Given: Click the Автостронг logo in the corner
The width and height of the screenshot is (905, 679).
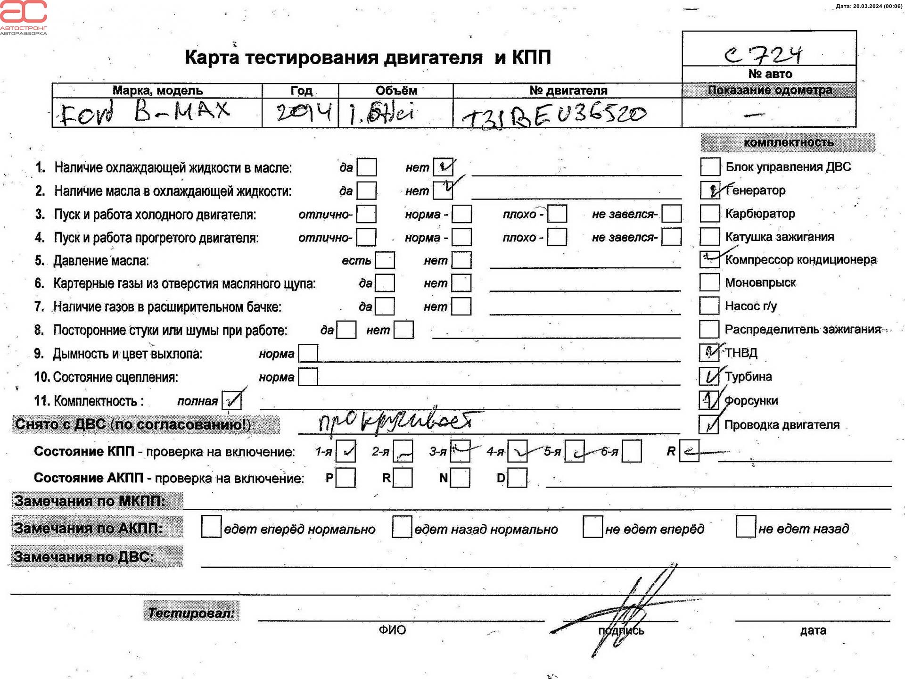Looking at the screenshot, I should pos(24,17).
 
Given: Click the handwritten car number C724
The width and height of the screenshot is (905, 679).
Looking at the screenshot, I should pos(763,55).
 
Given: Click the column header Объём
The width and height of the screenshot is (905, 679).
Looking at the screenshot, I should pos(396,90).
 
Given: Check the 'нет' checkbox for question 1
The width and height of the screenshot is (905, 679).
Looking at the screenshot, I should pos(443,167).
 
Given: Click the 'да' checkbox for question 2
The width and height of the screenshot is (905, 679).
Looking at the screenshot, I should pos(366,190).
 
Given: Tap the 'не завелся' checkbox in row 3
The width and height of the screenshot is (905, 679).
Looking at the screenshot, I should pos(671,214).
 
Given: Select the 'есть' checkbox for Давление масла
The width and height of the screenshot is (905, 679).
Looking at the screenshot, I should pos(385,260).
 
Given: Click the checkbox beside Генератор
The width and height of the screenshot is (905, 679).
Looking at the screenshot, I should pos(709,190).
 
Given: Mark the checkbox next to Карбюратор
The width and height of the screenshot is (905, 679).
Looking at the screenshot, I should pos(709,213).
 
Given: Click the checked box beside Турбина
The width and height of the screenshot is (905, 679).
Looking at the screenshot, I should pos(709,376).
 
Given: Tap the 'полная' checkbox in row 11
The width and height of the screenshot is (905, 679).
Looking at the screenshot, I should pos(231,401).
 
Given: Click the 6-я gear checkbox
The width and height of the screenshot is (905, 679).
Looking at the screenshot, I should pos(631,451).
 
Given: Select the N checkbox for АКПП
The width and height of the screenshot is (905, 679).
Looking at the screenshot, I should pos(460,478).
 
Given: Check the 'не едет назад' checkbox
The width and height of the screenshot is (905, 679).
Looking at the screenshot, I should pos(745,527).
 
